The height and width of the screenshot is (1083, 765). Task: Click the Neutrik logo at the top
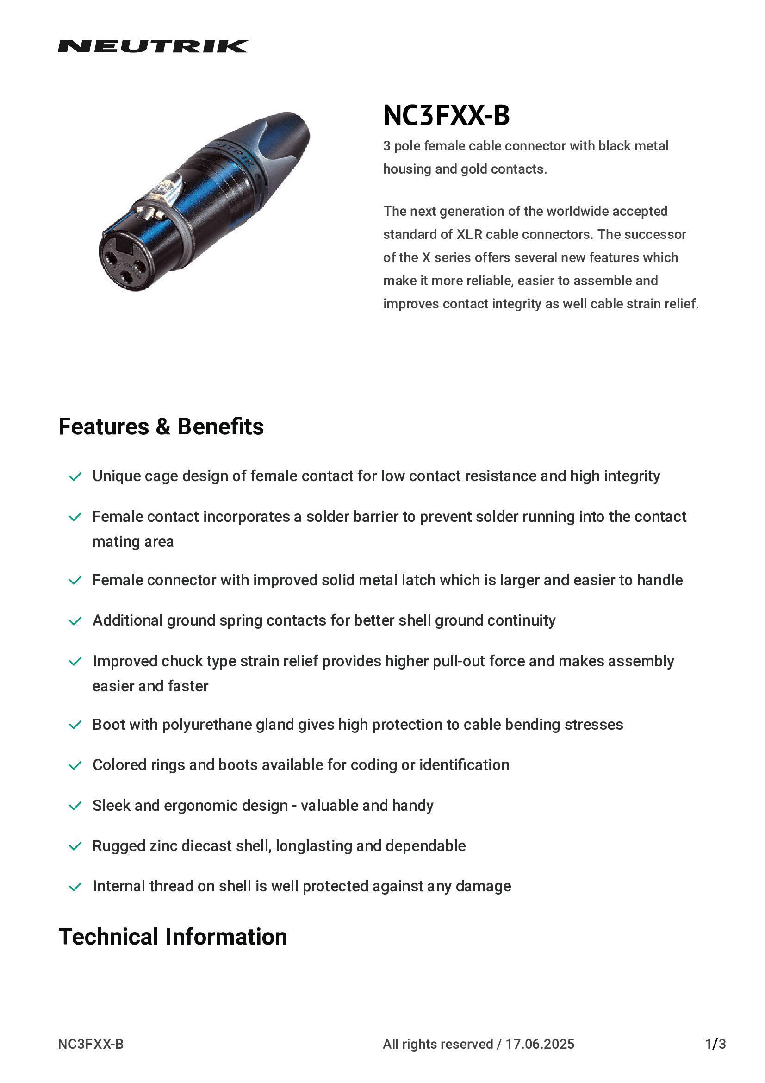point(153,46)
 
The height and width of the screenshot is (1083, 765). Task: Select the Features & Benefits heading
point(161,426)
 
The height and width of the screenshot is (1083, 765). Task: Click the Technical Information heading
point(173,936)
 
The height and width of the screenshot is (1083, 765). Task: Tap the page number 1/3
point(715,1044)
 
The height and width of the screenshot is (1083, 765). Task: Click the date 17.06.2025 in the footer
point(540,1044)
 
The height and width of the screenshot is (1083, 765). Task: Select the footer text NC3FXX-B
point(91,1044)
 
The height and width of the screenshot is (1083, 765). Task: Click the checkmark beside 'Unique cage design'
point(75,476)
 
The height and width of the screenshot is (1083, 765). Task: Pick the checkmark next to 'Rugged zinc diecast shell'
point(75,846)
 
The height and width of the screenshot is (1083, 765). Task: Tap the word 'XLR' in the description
point(469,234)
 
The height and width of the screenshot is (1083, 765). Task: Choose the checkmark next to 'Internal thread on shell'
point(75,887)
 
